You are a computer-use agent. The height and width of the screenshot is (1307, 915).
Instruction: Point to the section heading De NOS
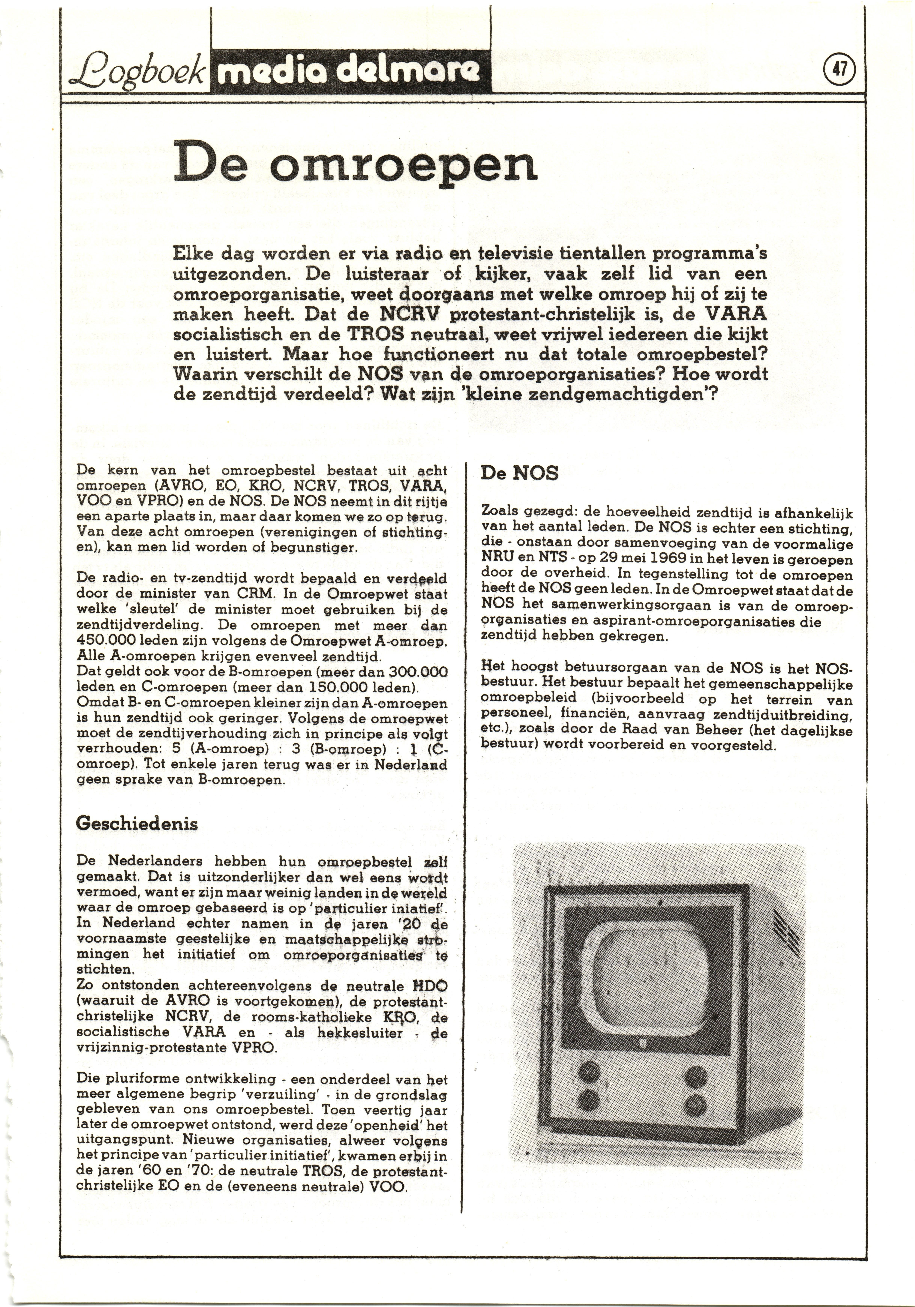(519, 473)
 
